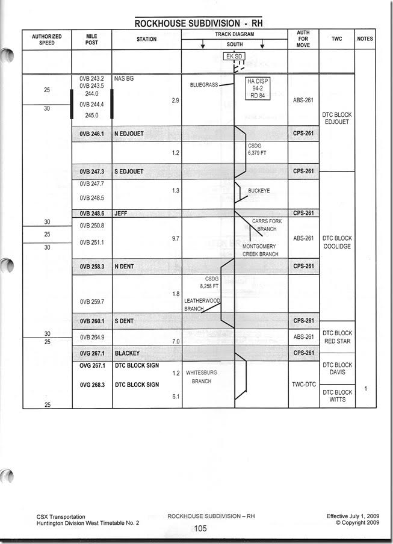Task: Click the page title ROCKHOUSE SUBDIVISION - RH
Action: (x=199, y=23)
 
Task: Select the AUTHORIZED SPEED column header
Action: (x=47, y=40)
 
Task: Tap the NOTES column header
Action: (x=365, y=39)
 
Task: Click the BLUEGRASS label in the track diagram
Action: (x=203, y=85)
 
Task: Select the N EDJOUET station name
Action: (x=129, y=134)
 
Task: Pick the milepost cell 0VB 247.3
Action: (x=91, y=172)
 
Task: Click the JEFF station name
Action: (x=120, y=213)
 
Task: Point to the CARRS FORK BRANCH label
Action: (x=267, y=225)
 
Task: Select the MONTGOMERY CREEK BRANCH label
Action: (x=260, y=250)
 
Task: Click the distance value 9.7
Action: (x=175, y=239)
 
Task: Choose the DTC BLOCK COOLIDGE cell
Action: (x=337, y=243)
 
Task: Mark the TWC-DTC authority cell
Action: (x=303, y=384)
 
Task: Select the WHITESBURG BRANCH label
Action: (x=201, y=377)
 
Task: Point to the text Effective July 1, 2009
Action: (x=353, y=516)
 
